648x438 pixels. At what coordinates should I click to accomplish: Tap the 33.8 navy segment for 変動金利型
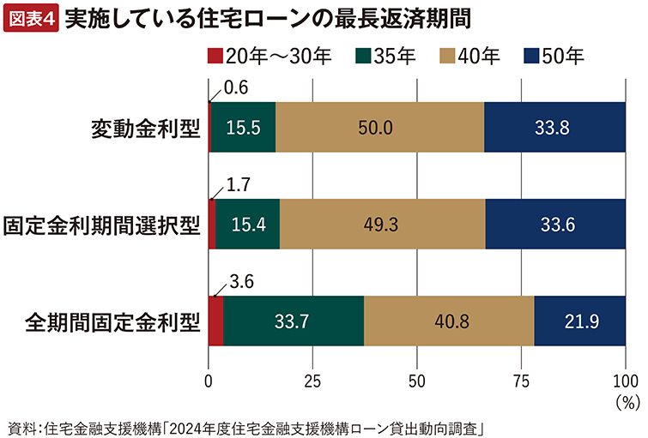554,127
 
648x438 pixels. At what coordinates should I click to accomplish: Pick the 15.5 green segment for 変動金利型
243,127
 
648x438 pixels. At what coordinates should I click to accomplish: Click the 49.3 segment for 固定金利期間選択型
382,225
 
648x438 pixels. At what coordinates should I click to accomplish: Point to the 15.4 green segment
248,225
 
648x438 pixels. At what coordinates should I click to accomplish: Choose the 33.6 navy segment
555,225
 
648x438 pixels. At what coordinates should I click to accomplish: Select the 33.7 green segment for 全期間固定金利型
294,321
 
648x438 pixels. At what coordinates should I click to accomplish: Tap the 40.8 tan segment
449,321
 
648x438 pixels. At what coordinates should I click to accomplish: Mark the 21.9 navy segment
579,321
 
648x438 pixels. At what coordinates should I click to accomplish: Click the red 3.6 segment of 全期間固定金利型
215,321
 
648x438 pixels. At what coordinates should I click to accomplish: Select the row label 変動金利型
145,128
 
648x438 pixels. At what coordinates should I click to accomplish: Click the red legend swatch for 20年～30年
215,57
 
